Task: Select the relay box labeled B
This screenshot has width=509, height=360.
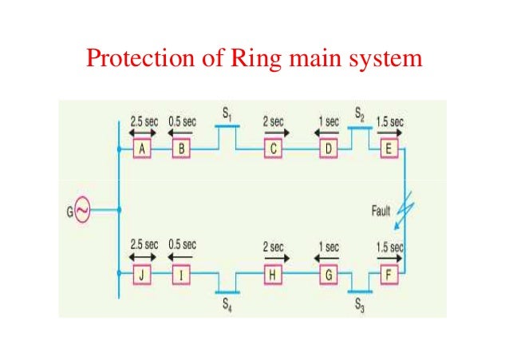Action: (x=181, y=149)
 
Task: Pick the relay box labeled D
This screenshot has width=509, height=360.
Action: (x=328, y=149)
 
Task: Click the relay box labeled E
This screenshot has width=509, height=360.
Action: (x=389, y=149)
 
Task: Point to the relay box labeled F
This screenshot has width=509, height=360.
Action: (x=389, y=276)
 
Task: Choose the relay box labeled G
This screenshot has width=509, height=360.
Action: (x=328, y=276)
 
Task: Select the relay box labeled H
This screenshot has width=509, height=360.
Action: (x=274, y=276)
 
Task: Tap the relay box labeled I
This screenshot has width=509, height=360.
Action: (x=181, y=276)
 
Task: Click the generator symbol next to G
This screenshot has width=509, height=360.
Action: (x=82, y=212)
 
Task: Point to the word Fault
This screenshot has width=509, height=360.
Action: (x=382, y=212)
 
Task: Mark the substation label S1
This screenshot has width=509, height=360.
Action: (x=227, y=118)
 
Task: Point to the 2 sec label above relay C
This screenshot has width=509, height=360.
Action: (x=274, y=122)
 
